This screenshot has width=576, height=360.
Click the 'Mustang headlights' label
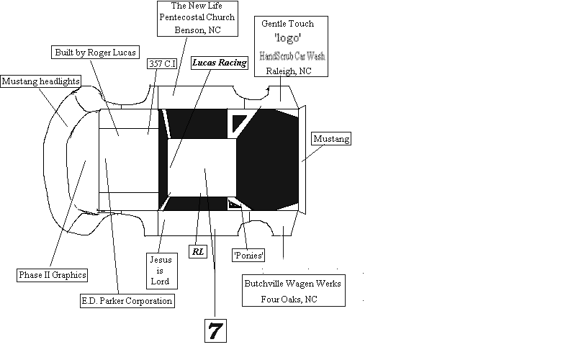tap(40, 81)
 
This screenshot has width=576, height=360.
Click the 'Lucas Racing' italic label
tap(219, 63)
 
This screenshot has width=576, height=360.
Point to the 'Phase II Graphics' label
tap(52, 274)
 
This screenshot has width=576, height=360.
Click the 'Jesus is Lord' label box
tap(159, 269)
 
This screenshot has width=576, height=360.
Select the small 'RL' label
tap(197, 251)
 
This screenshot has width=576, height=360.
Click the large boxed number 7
tap(215, 330)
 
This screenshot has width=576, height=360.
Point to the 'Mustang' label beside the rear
tap(331, 139)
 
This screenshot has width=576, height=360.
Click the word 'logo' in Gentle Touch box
tap(287, 37)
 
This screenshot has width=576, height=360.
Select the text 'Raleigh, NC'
tap(288, 71)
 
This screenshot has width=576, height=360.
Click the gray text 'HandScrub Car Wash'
tap(291, 55)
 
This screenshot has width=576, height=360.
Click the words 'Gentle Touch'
tap(288, 24)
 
